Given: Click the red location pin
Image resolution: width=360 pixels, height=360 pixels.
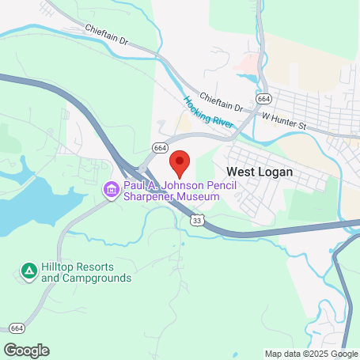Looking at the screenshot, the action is tap(180, 163).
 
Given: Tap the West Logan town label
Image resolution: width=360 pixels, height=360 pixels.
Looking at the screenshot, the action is tap(260, 172).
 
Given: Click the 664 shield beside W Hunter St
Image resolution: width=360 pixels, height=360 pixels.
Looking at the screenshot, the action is tap(263, 99).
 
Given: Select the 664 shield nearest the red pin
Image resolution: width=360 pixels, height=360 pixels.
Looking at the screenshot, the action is tap(161, 148).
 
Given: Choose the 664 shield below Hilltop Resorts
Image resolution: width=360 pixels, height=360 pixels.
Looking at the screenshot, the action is tap(17, 327).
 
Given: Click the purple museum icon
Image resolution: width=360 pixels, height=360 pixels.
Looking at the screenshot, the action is tap(109, 189).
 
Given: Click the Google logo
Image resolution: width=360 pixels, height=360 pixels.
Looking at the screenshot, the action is tap(26, 350).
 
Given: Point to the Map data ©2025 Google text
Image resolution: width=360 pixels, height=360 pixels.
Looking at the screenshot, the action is tap(311, 354).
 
